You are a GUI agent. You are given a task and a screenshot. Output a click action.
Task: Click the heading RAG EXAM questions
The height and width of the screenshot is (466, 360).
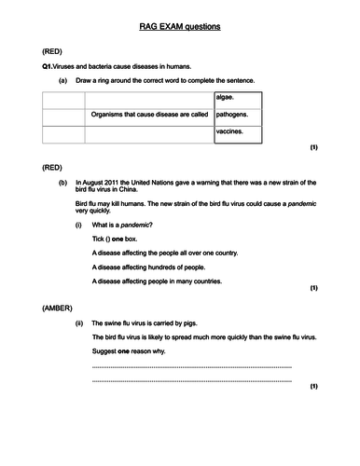pos(180,27)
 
